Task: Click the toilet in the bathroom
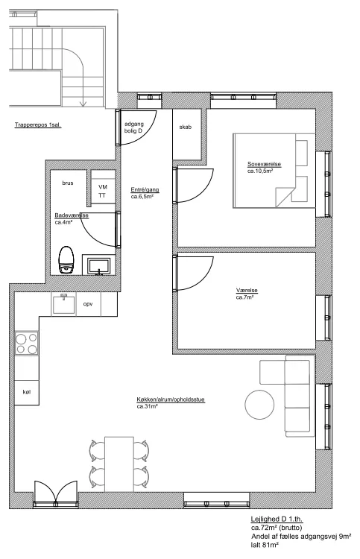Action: [66, 259]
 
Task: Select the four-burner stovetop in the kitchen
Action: [26, 343]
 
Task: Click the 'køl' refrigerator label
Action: [27, 392]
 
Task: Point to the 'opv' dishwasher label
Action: [88, 304]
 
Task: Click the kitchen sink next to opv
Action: [63, 304]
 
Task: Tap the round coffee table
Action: [259, 405]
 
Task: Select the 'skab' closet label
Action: [186, 127]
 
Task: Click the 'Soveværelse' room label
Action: [264, 165]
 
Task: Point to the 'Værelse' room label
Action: [247, 291]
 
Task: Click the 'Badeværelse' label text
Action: [72, 215]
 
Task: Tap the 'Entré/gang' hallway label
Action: [145, 190]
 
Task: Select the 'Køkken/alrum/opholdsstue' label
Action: [171, 399]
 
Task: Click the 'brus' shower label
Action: [68, 183]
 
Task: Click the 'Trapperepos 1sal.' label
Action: [38, 124]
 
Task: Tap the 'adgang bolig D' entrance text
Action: [133, 127]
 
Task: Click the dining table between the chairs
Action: [119, 464]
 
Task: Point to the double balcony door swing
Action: [56, 493]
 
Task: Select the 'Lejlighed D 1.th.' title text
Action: [277, 519]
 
